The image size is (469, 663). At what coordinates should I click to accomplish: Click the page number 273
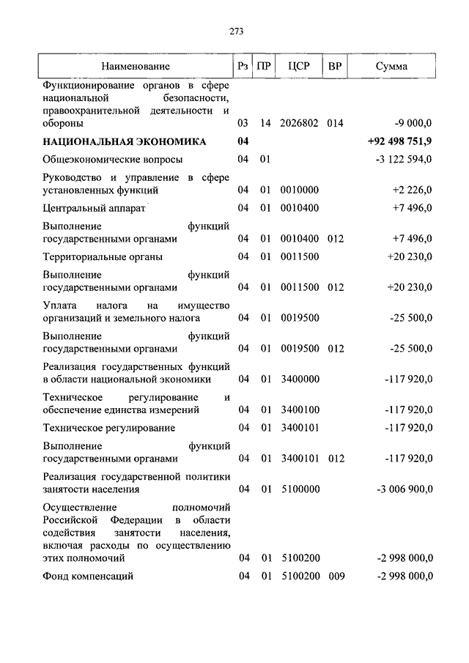point(235,31)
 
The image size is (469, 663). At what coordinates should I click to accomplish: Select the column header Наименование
point(136,67)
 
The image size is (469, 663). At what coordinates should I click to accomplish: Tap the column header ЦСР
point(299,67)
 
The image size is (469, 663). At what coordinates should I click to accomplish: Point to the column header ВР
point(335,67)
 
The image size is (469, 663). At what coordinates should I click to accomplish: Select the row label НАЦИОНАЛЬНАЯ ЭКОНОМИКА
point(125,141)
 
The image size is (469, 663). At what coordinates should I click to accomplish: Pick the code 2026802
point(299,123)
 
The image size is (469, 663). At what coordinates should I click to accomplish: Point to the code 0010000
point(299,190)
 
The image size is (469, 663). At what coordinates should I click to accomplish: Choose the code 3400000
point(299,379)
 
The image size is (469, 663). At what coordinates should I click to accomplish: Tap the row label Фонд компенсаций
point(88,577)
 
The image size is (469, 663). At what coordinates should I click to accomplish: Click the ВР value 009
point(335,577)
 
